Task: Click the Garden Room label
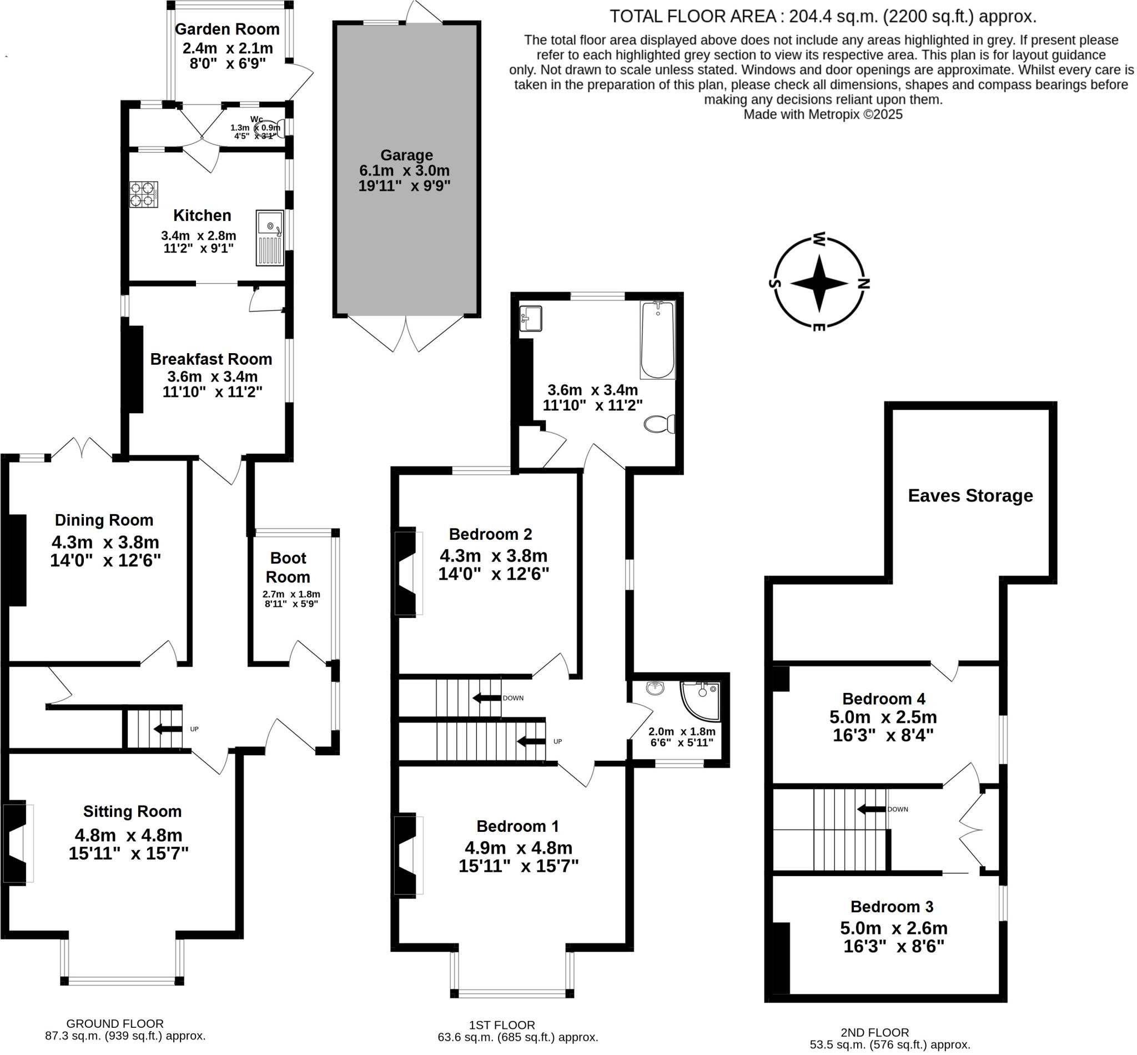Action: point(227,29)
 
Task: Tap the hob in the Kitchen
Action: point(143,194)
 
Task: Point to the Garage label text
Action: point(406,155)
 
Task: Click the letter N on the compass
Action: point(864,283)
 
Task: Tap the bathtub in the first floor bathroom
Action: point(657,340)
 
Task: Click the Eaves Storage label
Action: point(970,495)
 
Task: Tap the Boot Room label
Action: point(288,567)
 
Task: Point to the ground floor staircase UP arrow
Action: point(166,729)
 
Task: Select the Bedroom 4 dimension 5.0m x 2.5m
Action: point(882,717)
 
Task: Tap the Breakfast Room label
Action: point(210,359)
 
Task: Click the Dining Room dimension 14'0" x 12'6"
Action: point(105,561)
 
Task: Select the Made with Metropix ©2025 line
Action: point(823,114)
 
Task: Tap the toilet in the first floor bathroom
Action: point(658,424)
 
